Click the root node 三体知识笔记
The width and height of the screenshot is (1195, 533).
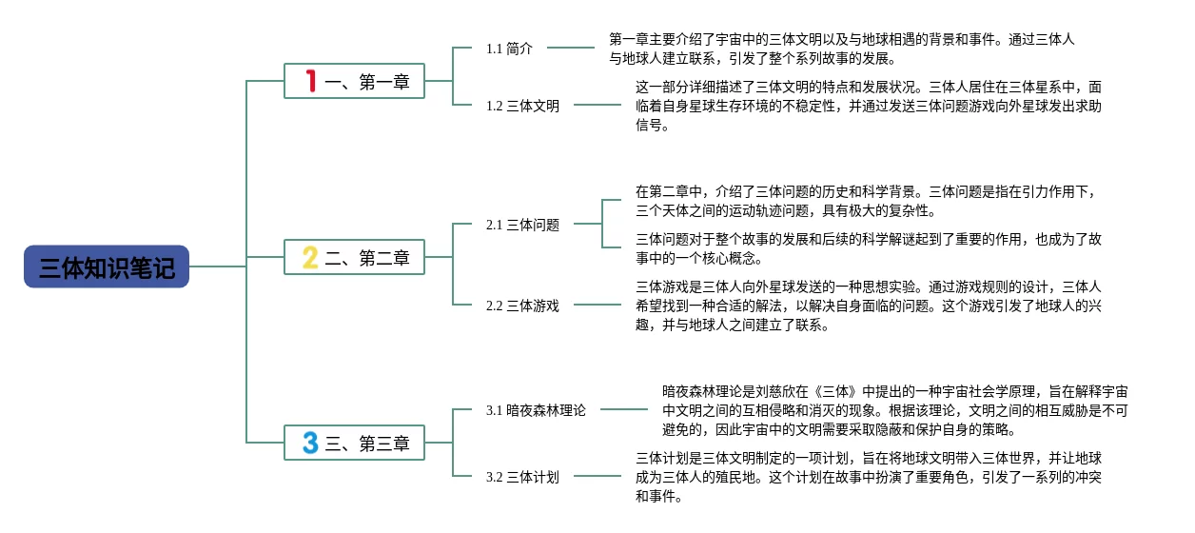click(107, 267)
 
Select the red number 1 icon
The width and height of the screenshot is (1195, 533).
click(310, 81)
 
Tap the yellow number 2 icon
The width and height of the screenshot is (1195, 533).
click(310, 257)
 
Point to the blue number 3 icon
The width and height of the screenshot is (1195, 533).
click(310, 443)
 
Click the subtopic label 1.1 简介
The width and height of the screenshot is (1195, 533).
click(509, 49)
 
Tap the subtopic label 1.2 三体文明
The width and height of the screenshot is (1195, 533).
click(522, 106)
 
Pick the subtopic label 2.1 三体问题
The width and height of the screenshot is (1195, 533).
click(522, 225)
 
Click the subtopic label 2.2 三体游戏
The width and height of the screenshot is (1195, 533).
click(522, 306)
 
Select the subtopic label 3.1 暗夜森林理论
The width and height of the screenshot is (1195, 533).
click(536, 410)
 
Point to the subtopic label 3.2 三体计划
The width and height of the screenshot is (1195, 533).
click(522, 477)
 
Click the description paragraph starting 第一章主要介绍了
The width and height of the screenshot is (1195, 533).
click(841, 49)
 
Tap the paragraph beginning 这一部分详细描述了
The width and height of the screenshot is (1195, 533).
click(868, 106)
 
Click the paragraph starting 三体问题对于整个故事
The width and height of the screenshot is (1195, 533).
click(868, 247)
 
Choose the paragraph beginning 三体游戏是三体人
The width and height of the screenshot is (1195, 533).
click(868, 306)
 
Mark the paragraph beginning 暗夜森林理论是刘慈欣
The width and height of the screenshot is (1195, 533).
click(894, 409)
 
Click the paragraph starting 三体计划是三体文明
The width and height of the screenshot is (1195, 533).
click(868, 477)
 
